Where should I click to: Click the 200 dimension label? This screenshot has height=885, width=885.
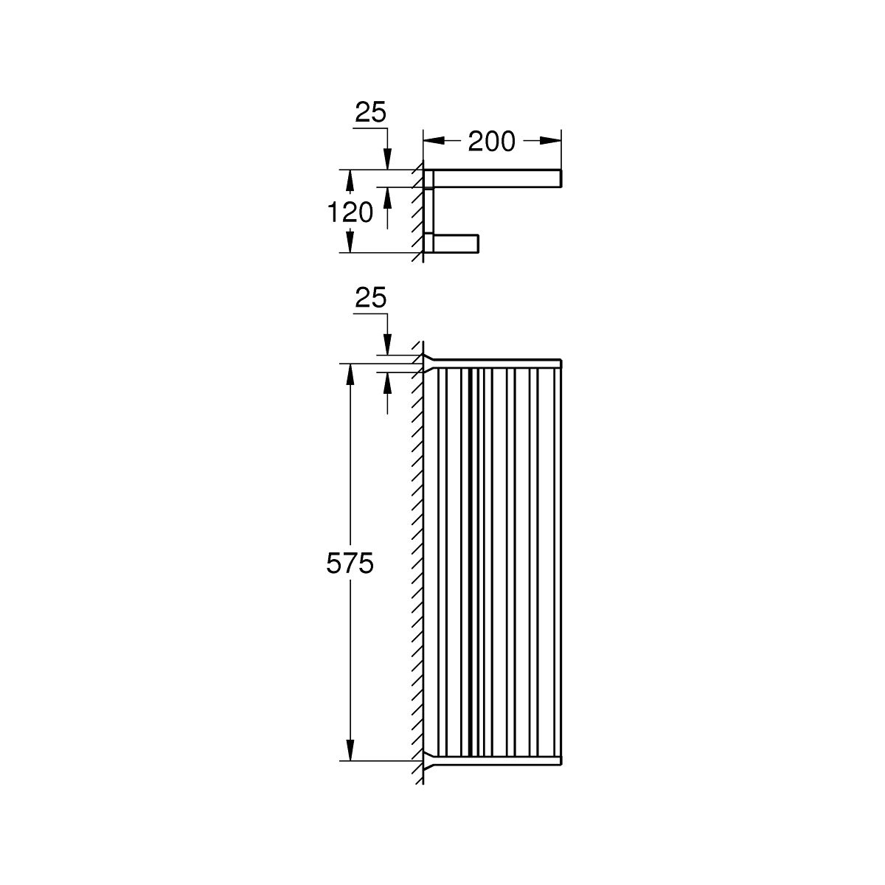click(x=491, y=142)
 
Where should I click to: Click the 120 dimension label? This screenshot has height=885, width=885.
click(x=350, y=212)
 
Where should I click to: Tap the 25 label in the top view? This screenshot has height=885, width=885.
click(x=371, y=113)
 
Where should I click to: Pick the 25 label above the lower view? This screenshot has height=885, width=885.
click(x=371, y=299)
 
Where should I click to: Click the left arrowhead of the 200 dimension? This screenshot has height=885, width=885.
click(x=434, y=141)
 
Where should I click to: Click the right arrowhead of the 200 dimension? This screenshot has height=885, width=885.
click(x=550, y=141)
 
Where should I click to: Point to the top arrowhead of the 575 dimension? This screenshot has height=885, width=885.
click(x=350, y=375)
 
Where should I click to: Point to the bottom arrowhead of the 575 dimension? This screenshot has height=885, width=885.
click(x=350, y=750)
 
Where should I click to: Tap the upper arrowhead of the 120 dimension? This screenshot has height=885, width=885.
click(x=350, y=181)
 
